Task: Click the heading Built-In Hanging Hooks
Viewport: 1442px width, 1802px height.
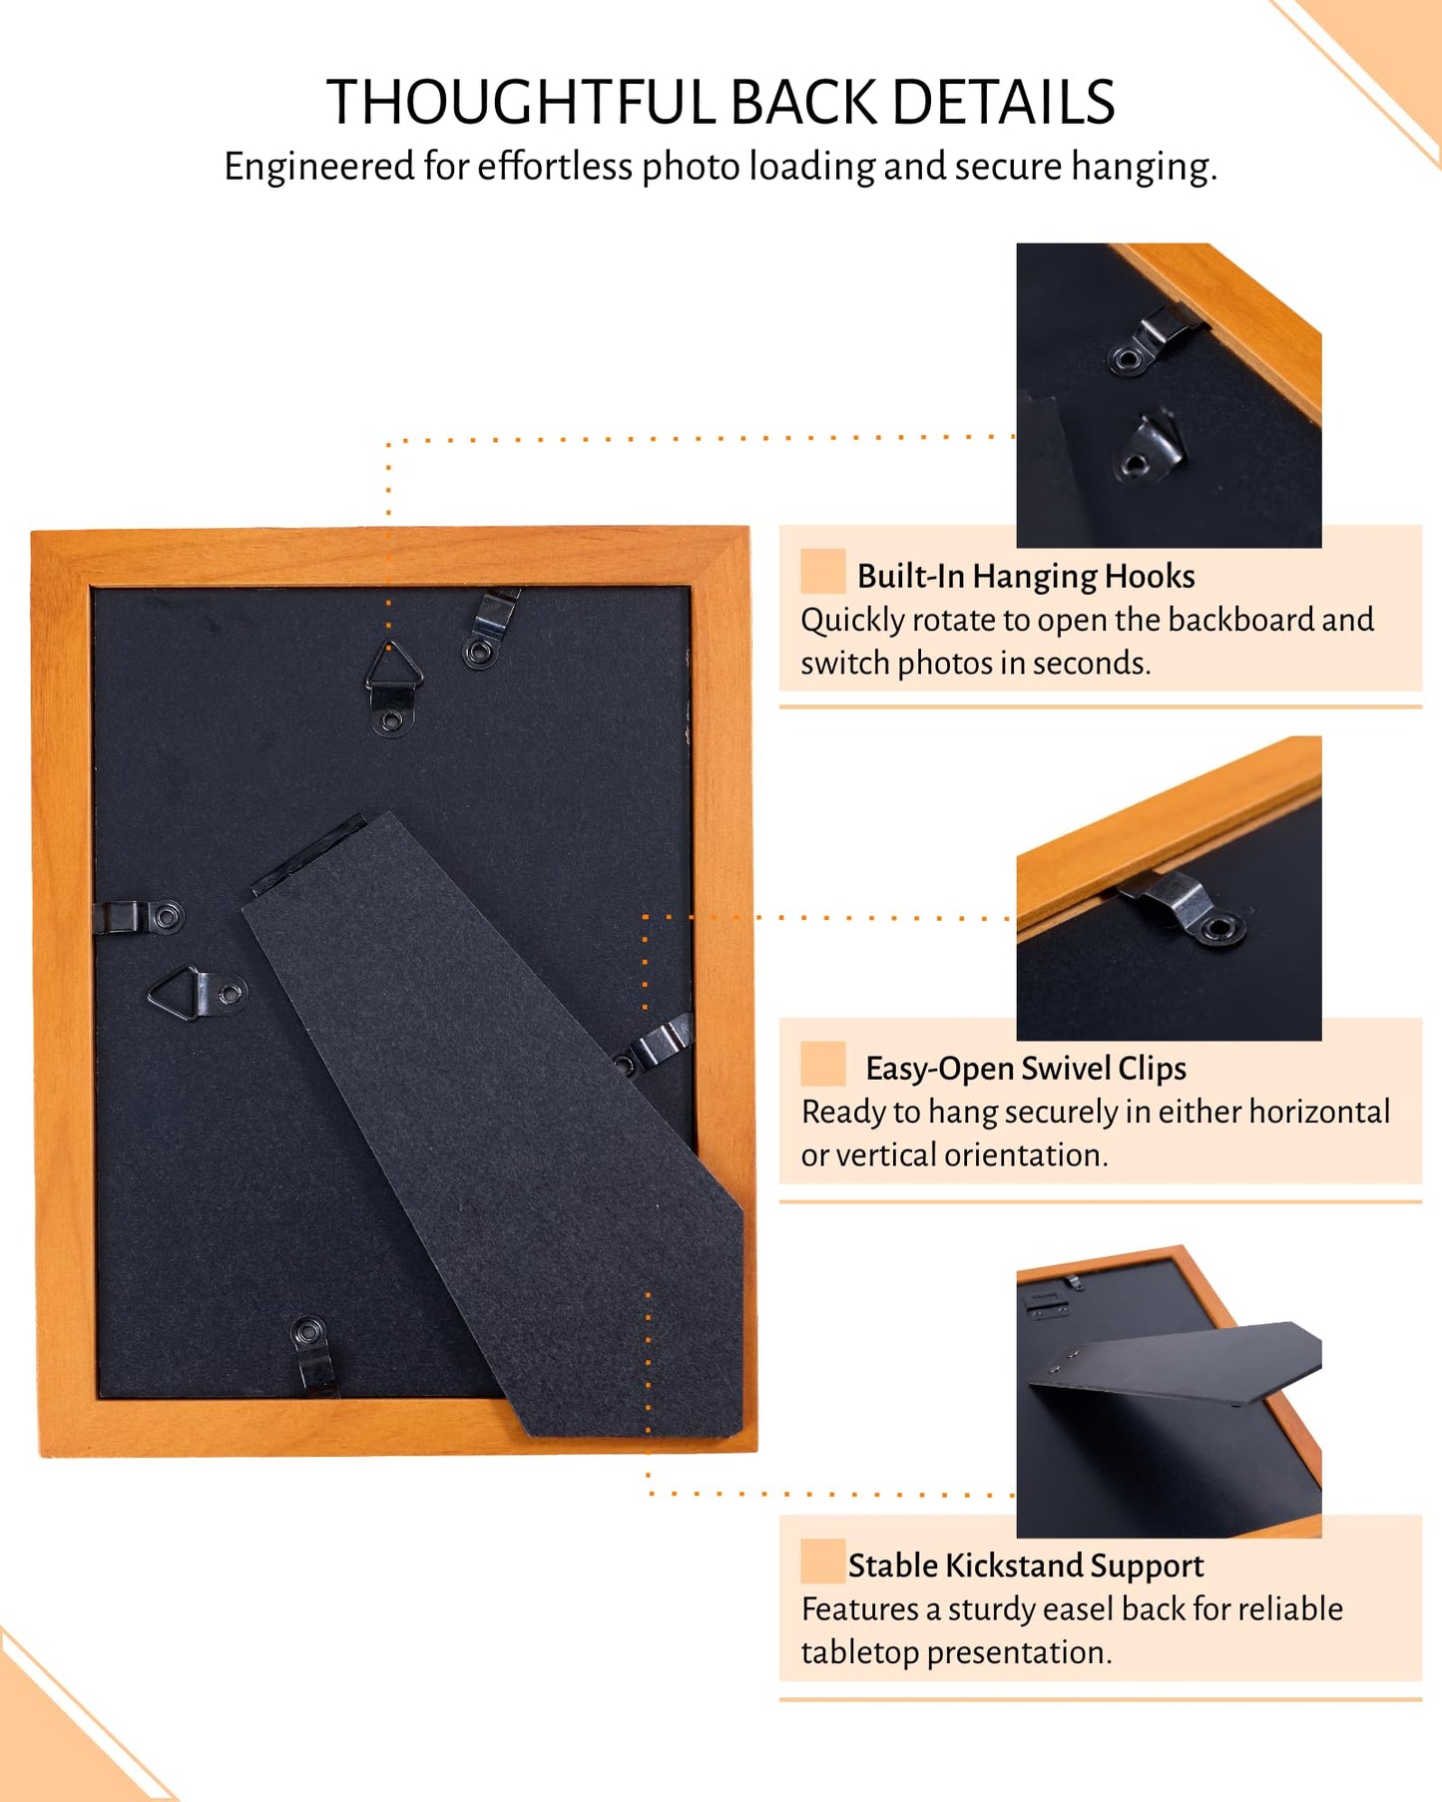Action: click(x=1026, y=576)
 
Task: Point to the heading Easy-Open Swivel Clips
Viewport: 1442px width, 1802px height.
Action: click(x=1026, y=1069)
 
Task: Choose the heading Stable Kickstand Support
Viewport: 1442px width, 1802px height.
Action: click(x=1026, y=1566)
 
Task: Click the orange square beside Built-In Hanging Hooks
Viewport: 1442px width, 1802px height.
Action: click(x=822, y=571)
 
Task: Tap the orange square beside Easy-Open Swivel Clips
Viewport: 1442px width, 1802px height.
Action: click(x=822, y=1064)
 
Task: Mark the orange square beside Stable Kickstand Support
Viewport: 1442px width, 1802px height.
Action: click(x=822, y=1561)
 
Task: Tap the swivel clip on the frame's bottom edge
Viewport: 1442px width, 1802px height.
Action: click(x=313, y=1354)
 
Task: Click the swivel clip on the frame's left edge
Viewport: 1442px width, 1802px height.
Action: click(x=138, y=916)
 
